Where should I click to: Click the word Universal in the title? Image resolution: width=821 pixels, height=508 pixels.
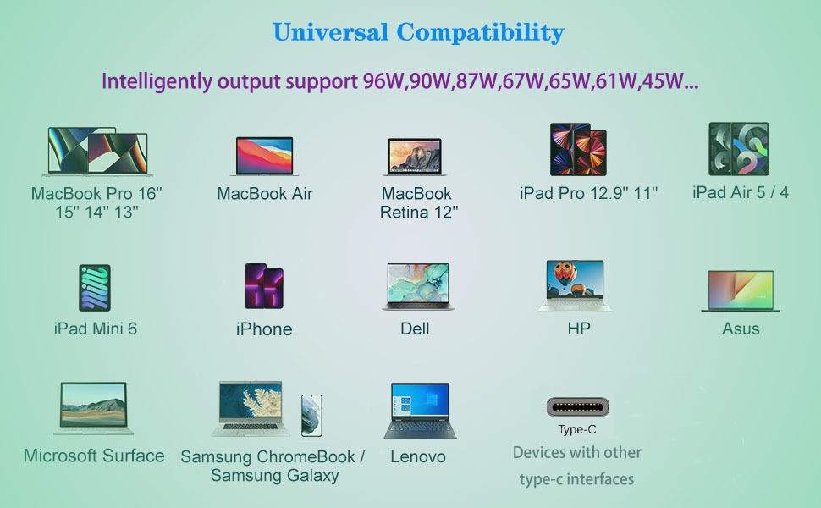click(x=330, y=32)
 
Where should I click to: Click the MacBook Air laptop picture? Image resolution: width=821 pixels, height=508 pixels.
click(x=264, y=156)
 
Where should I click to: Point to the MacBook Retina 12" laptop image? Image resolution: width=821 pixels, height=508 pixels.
click(x=416, y=157)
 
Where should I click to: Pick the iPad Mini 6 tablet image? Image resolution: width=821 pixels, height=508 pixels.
click(x=95, y=288)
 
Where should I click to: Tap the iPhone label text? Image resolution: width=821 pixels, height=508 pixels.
click(x=264, y=329)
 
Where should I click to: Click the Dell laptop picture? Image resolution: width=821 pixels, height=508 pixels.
click(x=418, y=286)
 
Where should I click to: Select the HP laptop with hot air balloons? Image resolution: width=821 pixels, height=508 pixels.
click(x=575, y=285)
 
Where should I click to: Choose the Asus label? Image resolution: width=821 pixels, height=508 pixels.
click(x=741, y=329)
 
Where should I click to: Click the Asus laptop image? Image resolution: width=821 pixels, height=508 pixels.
click(x=741, y=291)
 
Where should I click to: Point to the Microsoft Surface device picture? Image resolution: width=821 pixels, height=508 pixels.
click(x=93, y=408)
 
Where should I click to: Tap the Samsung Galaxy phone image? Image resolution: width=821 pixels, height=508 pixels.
click(x=311, y=416)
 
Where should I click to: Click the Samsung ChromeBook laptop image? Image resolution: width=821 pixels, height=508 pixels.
click(x=251, y=408)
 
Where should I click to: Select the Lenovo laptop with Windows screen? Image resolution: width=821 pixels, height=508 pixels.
click(x=420, y=411)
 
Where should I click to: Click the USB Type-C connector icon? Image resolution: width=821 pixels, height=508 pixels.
click(x=577, y=407)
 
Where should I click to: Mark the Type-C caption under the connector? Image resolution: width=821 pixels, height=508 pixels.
click(x=577, y=429)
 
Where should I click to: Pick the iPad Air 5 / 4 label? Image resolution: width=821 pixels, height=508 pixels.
click(x=741, y=192)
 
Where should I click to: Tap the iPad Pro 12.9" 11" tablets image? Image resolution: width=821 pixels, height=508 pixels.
click(x=578, y=149)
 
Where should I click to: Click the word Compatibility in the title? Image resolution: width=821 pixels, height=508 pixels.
click(x=480, y=33)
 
